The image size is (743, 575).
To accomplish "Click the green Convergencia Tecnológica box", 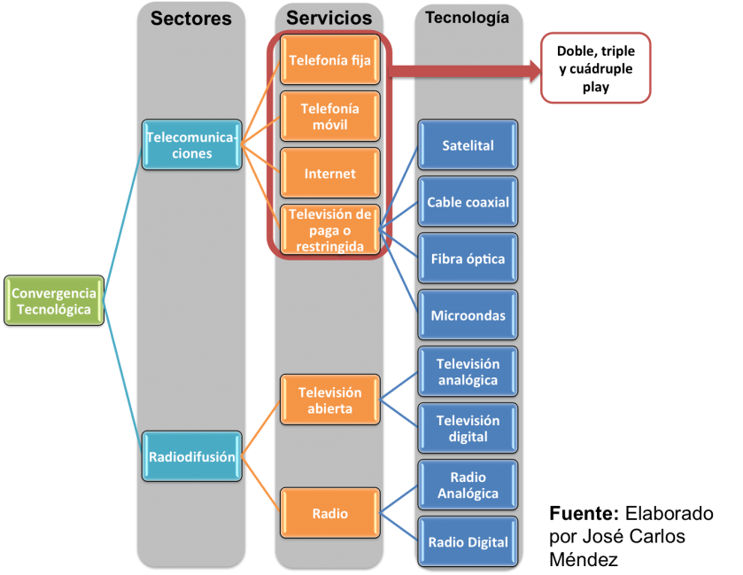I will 54,301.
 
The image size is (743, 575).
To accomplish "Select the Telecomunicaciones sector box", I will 192,145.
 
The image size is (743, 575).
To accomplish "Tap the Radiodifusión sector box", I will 192,457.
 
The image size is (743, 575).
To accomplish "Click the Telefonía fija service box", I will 330,61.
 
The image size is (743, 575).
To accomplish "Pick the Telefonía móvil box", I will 330,117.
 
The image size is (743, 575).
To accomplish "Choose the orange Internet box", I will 330,174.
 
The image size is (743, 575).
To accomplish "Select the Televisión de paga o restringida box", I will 330,230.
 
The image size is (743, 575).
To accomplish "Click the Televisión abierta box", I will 330,400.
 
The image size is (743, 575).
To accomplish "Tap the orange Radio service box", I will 330,513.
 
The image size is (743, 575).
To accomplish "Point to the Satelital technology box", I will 468,145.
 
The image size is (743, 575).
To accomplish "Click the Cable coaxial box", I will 468,202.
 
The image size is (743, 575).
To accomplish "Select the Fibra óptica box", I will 468,259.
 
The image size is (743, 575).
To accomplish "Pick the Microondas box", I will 468,315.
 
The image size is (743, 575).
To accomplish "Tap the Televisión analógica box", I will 468,372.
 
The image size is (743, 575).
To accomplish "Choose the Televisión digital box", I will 468,429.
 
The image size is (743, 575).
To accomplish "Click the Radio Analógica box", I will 468,486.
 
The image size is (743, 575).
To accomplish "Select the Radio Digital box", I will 468,542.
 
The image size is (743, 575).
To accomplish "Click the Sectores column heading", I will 192,19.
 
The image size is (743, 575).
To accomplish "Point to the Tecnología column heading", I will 468,18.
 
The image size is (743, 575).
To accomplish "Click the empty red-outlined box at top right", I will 596,68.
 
